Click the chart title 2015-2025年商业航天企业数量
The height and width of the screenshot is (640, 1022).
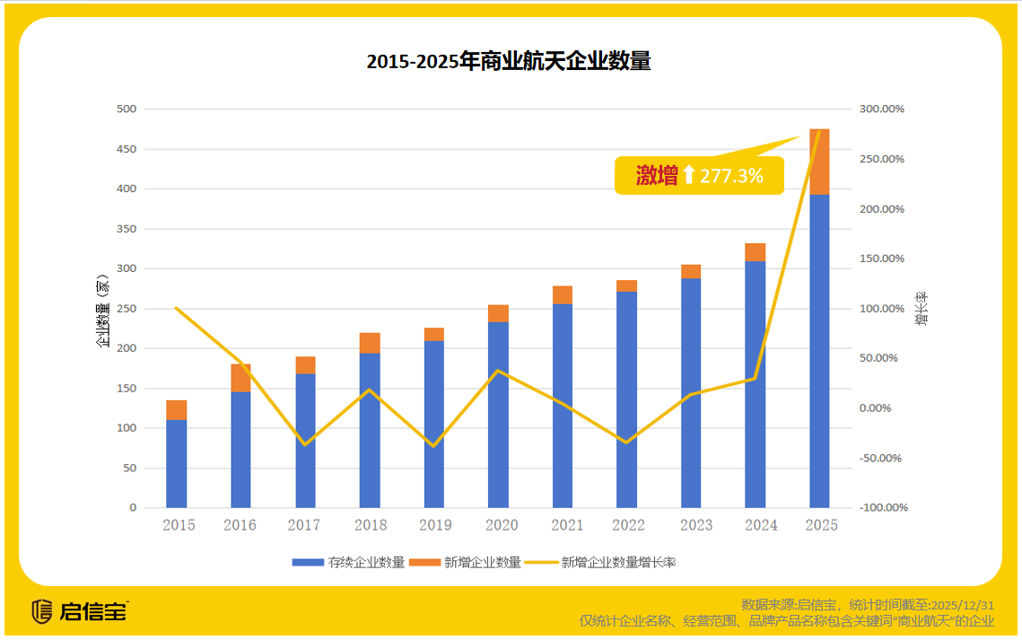[x=509, y=62]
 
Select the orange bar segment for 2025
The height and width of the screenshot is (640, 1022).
[x=819, y=162]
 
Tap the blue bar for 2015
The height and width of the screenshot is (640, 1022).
[x=177, y=463]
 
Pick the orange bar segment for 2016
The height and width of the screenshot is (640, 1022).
[x=240, y=378]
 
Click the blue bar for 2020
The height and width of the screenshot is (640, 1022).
[x=498, y=415]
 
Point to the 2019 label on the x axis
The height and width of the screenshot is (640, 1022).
[x=434, y=525]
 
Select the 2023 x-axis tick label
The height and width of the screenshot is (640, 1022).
[x=691, y=525]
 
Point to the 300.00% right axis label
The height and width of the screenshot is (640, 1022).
[x=882, y=110]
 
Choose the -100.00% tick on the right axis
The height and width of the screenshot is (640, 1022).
[x=883, y=508]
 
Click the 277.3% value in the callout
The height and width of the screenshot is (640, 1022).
[x=731, y=176]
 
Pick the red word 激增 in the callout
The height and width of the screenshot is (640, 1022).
[x=657, y=176]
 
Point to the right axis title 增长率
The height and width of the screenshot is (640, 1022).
[x=922, y=309]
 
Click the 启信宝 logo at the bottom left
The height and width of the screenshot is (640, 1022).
[x=80, y=612]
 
